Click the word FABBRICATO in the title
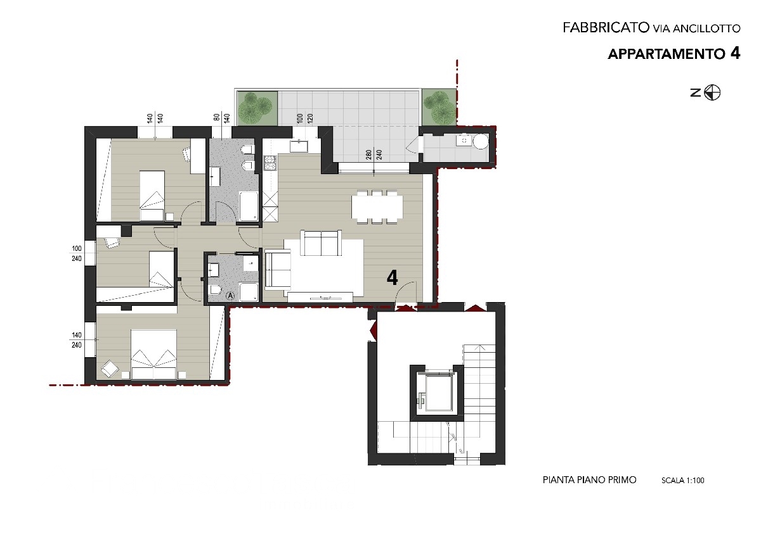[606, 27]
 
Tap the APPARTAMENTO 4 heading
[673, 54]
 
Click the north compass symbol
[712, 92]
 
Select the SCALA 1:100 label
[682, 481]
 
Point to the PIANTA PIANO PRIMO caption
[589, 480]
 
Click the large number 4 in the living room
[393, 278]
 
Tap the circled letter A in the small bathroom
[230, 296]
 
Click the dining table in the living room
[377, 207]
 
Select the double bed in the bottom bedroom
[154, 354]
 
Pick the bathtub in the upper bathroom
[249, 206]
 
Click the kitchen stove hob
[271, 163]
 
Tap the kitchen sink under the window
[299, 146]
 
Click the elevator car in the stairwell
[439, 393]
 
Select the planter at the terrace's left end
[257, 108]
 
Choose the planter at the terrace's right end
[439, 107]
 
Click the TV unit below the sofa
[320, 297]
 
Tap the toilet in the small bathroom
[216, 290]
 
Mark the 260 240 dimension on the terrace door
[374, 155]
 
